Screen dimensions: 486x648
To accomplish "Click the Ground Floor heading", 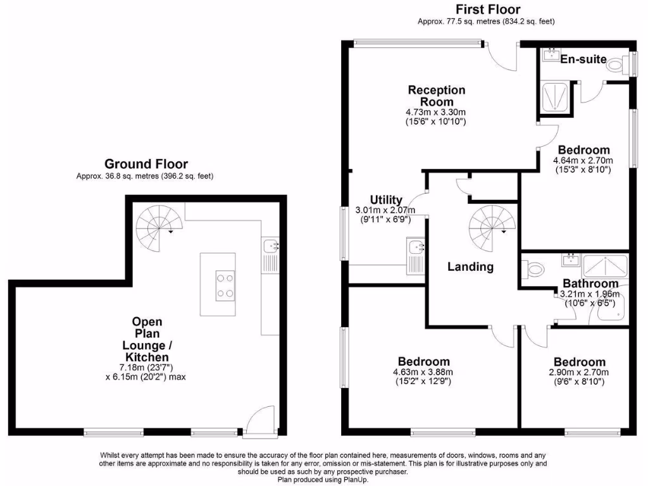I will pos(146,165).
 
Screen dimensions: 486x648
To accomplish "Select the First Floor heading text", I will pos(488,9).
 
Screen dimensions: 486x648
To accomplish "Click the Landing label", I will pos(470,267).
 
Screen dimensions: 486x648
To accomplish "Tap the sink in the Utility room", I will pos(416,248).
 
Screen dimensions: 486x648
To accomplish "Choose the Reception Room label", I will pos(436,96).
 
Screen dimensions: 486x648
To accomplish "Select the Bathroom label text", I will pos(590,283).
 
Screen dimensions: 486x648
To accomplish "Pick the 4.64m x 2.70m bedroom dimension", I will pos(582,160).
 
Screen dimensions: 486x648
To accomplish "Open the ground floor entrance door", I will pos(260,422).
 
